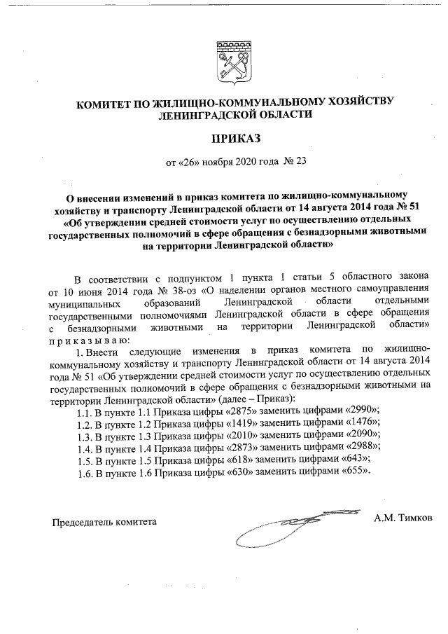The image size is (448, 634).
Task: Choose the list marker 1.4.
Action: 85,448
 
